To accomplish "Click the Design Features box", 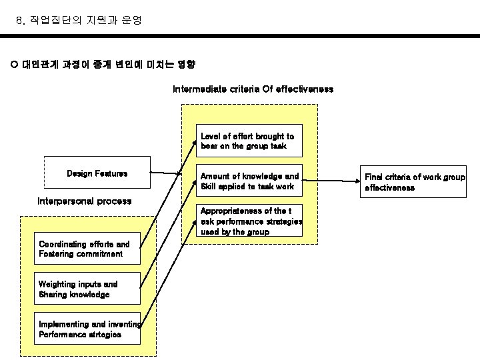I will (x=97, y=173).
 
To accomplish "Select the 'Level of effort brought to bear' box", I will (x=251, y=141).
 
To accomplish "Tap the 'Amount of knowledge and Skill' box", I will (x=251, y=181).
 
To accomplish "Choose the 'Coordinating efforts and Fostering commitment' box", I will (x=89, y=249).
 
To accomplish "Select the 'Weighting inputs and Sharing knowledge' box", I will (x=89, y=289).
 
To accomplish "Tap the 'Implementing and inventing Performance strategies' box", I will (x=89, y=329).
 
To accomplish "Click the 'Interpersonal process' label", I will (x=85, y=201).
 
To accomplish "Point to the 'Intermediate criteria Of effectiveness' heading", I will (x=253, y=89).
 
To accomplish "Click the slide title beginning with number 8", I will (x=79, y=21).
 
